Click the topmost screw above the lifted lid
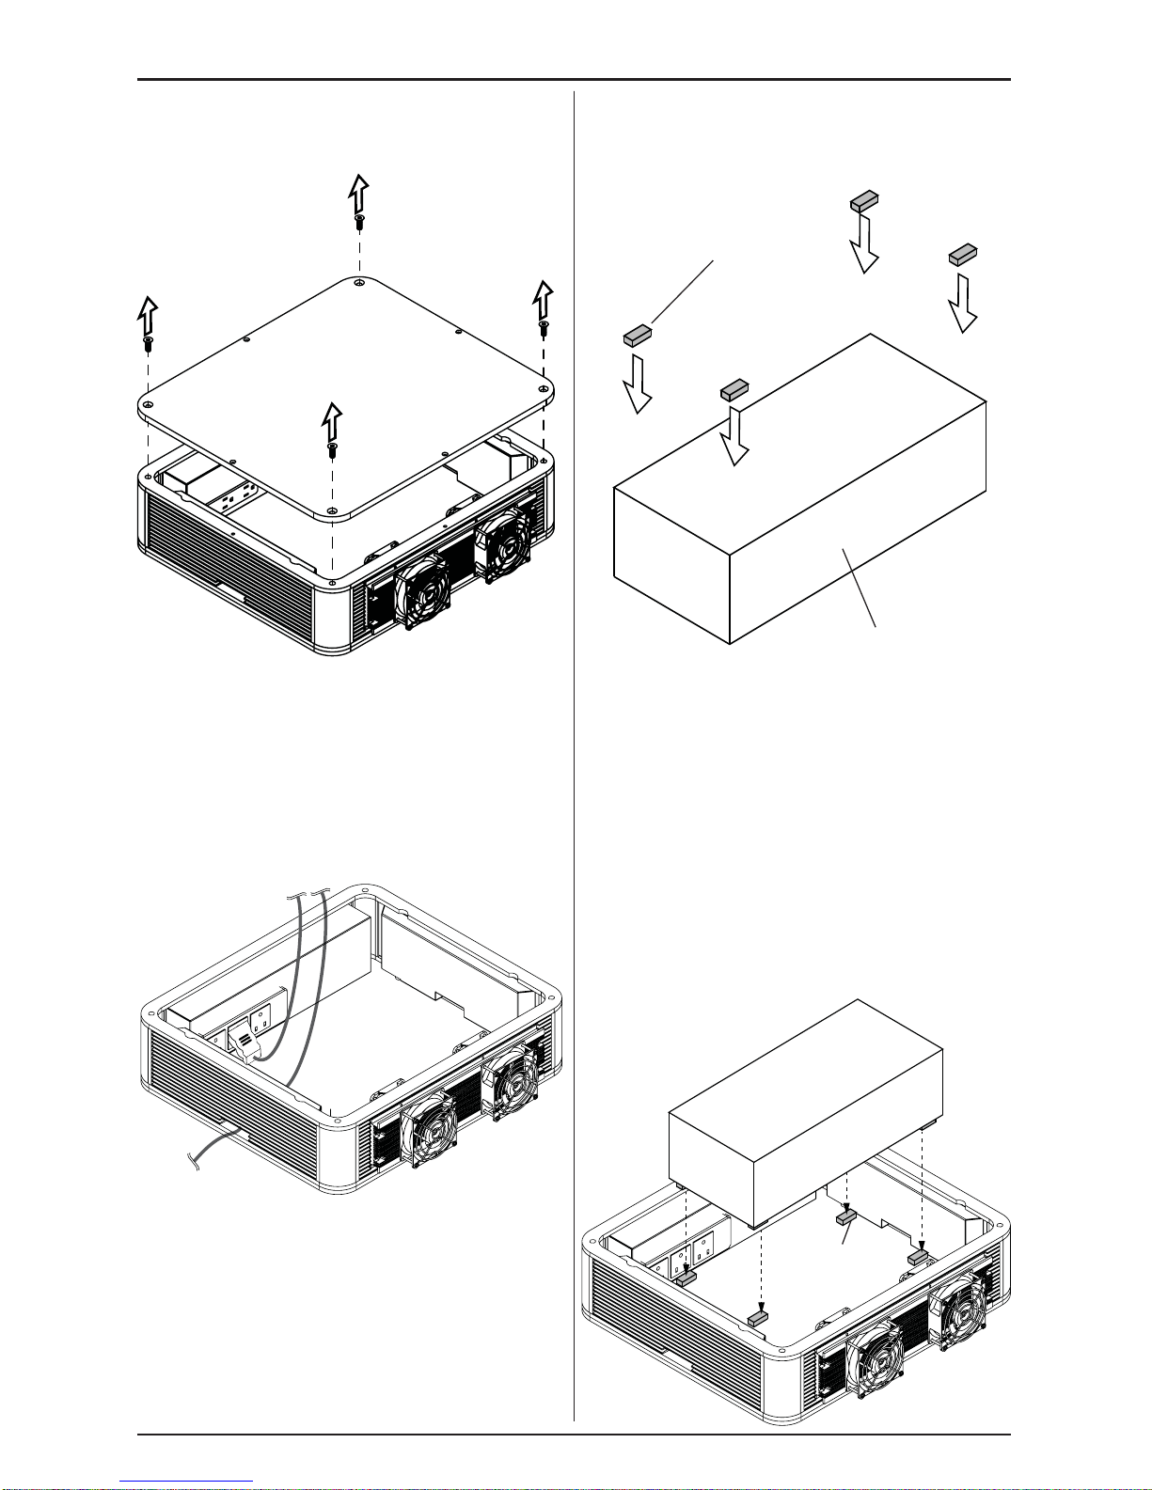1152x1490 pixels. [359, 222]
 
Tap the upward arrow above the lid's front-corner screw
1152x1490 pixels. [331, 420]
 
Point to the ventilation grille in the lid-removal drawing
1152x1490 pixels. [235, 564]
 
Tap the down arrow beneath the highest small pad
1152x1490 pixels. [863, 243]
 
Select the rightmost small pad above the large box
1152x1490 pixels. [963, 253]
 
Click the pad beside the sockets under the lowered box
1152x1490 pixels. [683, 1277]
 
